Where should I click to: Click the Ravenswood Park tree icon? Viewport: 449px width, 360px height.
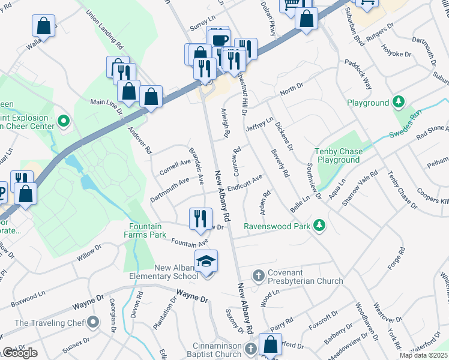coord(321,226)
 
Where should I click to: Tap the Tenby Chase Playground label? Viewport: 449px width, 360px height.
coord(339,156)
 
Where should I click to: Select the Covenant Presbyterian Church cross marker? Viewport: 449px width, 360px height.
coord(259,275)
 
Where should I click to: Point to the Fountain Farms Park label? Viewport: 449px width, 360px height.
coord(148,230)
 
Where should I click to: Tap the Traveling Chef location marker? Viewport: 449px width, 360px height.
coord(92,323)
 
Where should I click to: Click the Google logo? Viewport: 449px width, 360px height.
coord(19,353)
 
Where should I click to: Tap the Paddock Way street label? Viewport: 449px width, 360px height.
coord(358,74)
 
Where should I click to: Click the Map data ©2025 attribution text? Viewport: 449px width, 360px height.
coord(423,355)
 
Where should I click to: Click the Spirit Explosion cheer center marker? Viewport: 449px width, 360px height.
coord(64,123)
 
